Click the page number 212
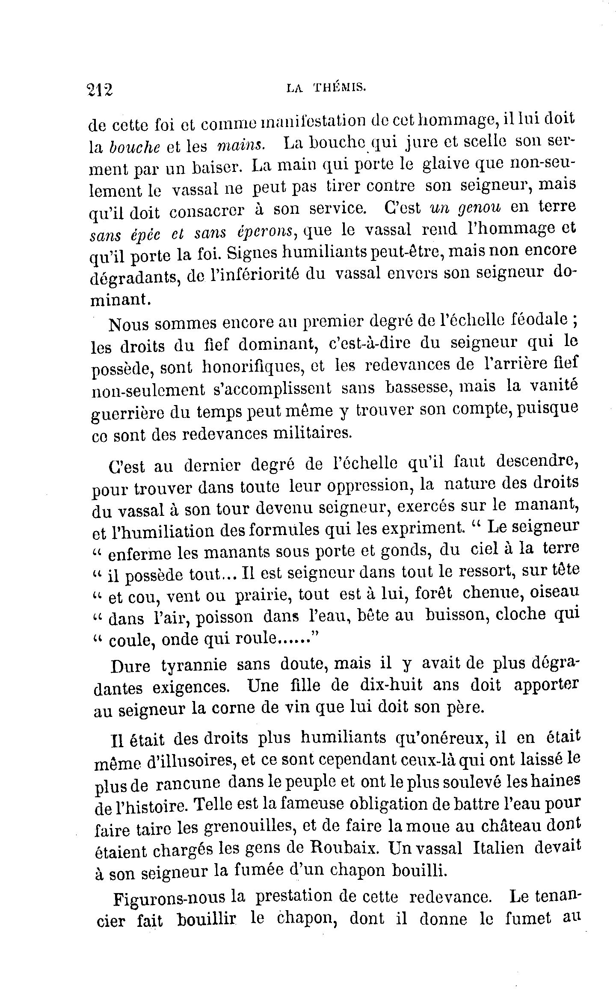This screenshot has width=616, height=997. [x=100, y=90]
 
